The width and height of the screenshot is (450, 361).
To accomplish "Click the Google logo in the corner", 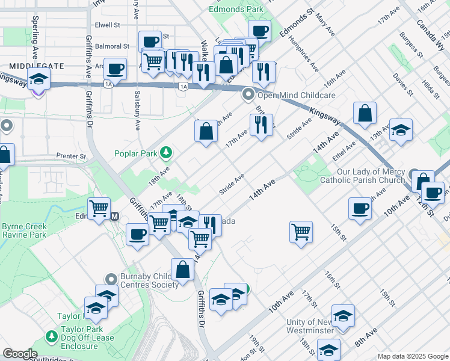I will [x=20, y=354].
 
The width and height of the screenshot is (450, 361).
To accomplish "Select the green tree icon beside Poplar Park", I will [x=165, y=153].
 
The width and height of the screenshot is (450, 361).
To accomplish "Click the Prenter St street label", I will [x=72, y=156].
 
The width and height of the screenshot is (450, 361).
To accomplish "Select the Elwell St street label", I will [x=108, y=26].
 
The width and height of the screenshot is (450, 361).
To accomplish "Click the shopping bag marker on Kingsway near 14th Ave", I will [x=365, y=113].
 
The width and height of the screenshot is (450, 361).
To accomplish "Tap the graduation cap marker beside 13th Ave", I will [x=401, y=131].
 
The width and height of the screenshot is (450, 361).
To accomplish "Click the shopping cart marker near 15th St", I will [x=301, y=232].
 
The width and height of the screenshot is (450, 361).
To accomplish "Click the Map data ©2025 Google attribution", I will [x=412, y=356].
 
